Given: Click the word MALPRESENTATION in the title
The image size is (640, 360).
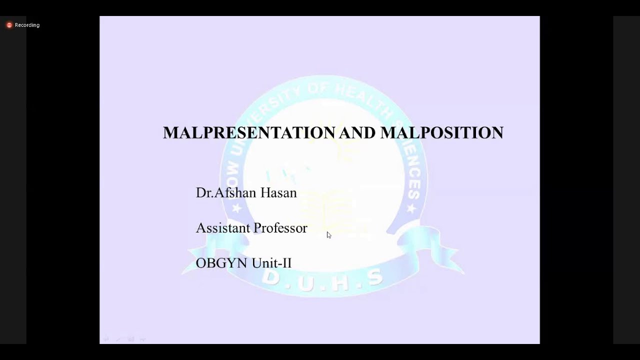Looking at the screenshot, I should [x=249, y=132].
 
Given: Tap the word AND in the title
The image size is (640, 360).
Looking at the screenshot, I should [x=357, y=132].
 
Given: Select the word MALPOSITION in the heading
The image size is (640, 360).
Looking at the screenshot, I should [x=441, y=132].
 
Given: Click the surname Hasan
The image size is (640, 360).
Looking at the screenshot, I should [x=278, y=192].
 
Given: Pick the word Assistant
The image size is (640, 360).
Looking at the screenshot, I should [x=222, y=228].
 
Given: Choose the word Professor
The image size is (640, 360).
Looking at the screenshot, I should [x=280, y=228].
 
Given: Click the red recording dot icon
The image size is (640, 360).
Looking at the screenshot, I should [x=9, y=25].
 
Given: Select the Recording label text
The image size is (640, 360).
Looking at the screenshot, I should [x=27, y=25].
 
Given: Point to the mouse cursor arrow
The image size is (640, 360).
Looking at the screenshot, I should [x=328, y=234].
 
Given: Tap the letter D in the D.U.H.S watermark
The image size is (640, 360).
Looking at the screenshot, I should [x=270, y=276].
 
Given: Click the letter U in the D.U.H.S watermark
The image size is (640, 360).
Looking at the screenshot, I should [x=306, y=283].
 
